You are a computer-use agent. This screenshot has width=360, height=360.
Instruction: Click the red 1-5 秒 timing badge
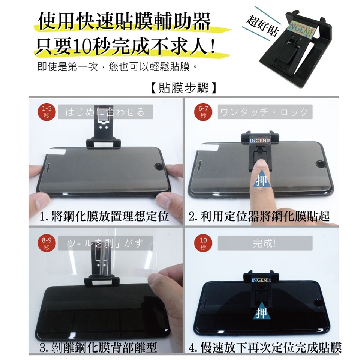(46, 112)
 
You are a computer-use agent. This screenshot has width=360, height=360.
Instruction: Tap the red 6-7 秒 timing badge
(203, 112)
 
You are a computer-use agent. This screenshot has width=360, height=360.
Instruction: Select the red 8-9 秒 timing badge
(46, 244)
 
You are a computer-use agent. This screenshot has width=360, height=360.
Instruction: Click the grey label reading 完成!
(265, 243)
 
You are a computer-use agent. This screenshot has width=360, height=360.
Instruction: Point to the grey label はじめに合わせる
(106, 112)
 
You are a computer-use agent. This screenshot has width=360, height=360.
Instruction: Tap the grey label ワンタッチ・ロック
(265, 112)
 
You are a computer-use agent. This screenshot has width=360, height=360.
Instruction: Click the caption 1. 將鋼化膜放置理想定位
(104, 216)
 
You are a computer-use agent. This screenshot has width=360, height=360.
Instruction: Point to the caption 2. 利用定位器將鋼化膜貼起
(259, 216)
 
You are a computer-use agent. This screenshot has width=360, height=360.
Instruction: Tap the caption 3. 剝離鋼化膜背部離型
(98, 347)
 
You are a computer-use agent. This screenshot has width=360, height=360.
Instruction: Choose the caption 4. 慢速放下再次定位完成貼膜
(265, 347)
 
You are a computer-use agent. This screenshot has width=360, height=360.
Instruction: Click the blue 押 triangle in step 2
(261, 181)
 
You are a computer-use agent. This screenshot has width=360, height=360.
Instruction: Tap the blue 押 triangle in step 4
(261, 312)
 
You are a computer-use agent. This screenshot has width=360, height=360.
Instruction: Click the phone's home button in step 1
(158, 166)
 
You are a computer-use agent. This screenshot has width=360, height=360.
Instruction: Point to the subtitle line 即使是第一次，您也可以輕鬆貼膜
(117, 67)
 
